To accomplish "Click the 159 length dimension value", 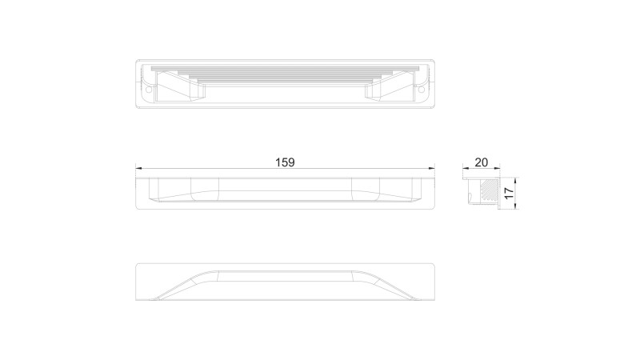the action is tap(285, 162).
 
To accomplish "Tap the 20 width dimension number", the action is tap(482, 162).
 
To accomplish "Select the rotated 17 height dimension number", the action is tap(508, 194).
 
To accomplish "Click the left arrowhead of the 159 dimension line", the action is tap(138, 168).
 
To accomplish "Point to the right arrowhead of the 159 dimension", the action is tap(432, 168).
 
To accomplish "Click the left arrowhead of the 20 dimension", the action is tap(466, 168).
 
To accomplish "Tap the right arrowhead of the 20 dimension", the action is tap(497, 168).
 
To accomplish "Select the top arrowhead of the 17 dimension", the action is tap(515, 181).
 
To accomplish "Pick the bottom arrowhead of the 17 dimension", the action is tap(515, 206).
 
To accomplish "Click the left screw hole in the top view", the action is tap(149, 89).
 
